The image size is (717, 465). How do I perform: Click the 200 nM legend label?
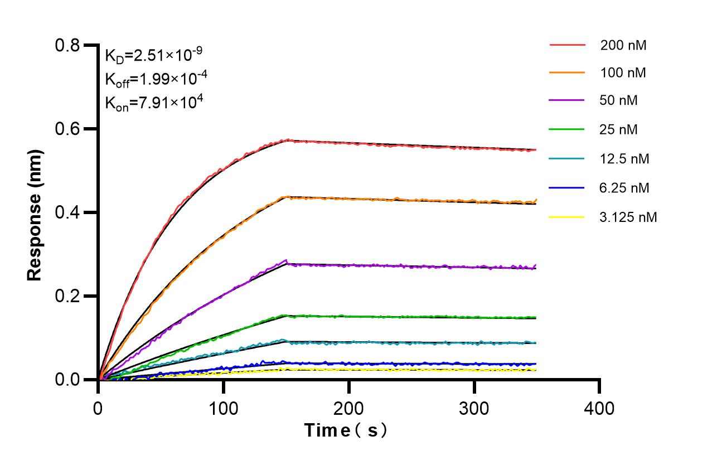pos(623,45)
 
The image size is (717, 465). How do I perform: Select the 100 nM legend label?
pos(623,72)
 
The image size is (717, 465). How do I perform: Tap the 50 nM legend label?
pos(619,101)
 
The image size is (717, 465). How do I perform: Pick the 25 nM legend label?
pos(619,130)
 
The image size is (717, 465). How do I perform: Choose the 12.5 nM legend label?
pos(624,159)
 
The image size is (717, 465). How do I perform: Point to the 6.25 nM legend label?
pos(624,188)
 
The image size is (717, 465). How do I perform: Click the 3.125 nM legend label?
pos(628,217)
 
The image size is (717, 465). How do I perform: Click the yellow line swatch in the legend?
pos(567,217)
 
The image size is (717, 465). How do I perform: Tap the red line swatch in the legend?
pos(567,44)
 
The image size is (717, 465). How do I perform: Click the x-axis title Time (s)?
pos(345,430)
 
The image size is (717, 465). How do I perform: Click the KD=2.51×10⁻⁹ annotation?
pos(153,55)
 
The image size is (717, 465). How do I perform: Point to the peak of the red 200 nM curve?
pos(287,140)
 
